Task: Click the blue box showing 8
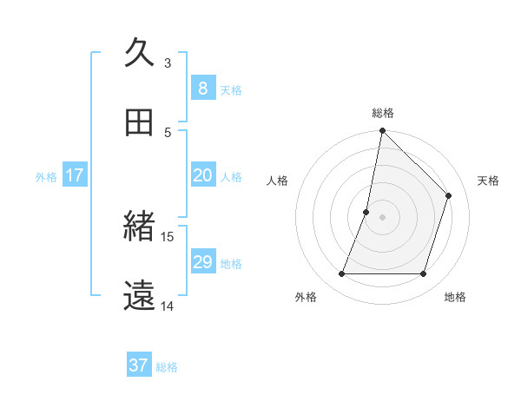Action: [x=202, y=88]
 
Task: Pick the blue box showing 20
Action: [x=202, y=175]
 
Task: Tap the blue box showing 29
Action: [x=202, y=262]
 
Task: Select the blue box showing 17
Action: [x=75, y=175]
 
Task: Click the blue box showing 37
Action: [x=139, y=365]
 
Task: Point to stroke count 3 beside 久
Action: [x=168, y=63]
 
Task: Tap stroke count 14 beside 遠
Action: [x=168, y=306]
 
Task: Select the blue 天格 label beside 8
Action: [x=231, y=89]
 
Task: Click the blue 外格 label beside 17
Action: [x=46, y=177]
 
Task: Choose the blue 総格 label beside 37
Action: [x=167, y=367]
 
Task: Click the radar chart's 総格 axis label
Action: [x=383, y=113]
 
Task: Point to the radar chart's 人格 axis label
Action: [x=277, y=181]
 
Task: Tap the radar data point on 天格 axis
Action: [x=449, y=195]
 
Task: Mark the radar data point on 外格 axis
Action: [x=341, y=274]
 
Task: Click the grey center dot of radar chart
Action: [x=383, y=217]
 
